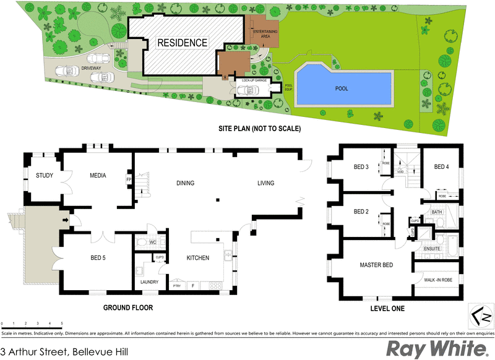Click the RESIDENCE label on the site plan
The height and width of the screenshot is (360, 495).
click(x=181, y=43)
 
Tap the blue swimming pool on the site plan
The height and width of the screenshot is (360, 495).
click(x=343, y=87)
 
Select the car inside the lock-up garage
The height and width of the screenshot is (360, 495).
click(x=248, y=90)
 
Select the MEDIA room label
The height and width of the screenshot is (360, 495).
click(x=98, y=176)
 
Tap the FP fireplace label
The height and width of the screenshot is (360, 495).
click(x=129, y=179)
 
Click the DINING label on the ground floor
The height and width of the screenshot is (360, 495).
click(x=185, y=183)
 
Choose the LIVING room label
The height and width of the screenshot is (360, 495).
click(x=266, y=183)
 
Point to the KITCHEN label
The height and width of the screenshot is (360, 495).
click(x=198, y=258)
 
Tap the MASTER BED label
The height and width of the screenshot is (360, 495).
click(x=376, y=265)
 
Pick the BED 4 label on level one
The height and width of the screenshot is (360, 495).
click(x=441, y=167)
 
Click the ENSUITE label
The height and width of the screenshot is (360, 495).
click(x=432, y=249)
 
